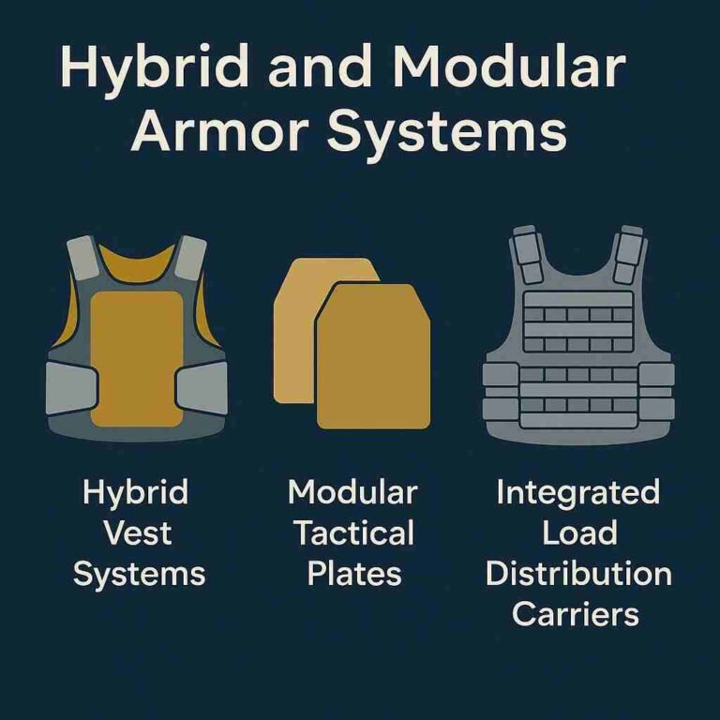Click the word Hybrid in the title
tap(154, 68)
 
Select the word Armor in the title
tap(219, 130)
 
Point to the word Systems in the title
tap(446, 134)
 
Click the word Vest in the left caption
tap(138, 532)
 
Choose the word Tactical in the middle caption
tap(354, 532)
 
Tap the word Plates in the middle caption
tap(354, 574)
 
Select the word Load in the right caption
tap(579, 532)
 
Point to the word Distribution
tap(578, 574)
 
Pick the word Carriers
tap(576, 614)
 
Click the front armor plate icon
tap(373, 356)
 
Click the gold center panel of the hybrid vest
tap(137, 359)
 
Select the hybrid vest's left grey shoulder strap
tap(82, 258)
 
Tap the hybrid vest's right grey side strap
tap(202, 387)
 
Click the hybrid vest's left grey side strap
tap(72, 388)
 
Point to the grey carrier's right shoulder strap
tap(630, 254)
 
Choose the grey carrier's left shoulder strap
tap(527, 254)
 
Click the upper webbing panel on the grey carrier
tap(578, 322)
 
